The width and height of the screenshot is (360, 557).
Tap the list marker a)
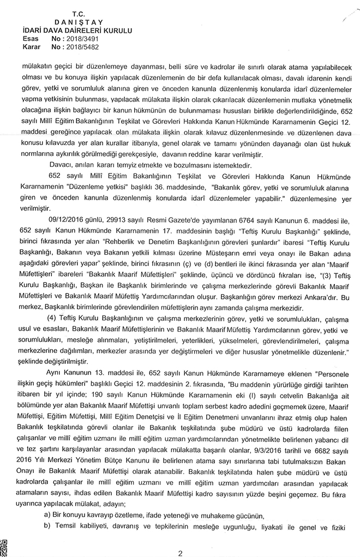click(47, 516)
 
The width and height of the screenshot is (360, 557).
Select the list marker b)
click(47, 527)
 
